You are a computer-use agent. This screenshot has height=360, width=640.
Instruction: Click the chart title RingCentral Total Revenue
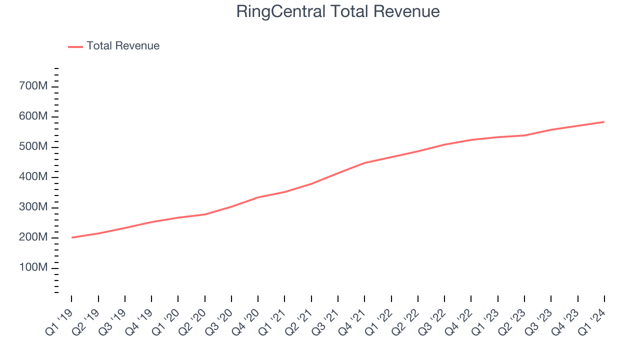338,11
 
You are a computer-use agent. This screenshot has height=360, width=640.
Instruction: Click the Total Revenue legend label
123,46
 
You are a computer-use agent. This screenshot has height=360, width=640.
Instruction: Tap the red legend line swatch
75,46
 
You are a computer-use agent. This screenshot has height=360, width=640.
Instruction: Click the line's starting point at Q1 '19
71,237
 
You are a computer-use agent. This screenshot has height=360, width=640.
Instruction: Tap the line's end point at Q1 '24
604,121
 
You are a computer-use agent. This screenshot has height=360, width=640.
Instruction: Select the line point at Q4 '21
364,163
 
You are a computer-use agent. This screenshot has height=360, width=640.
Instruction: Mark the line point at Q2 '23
524,135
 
